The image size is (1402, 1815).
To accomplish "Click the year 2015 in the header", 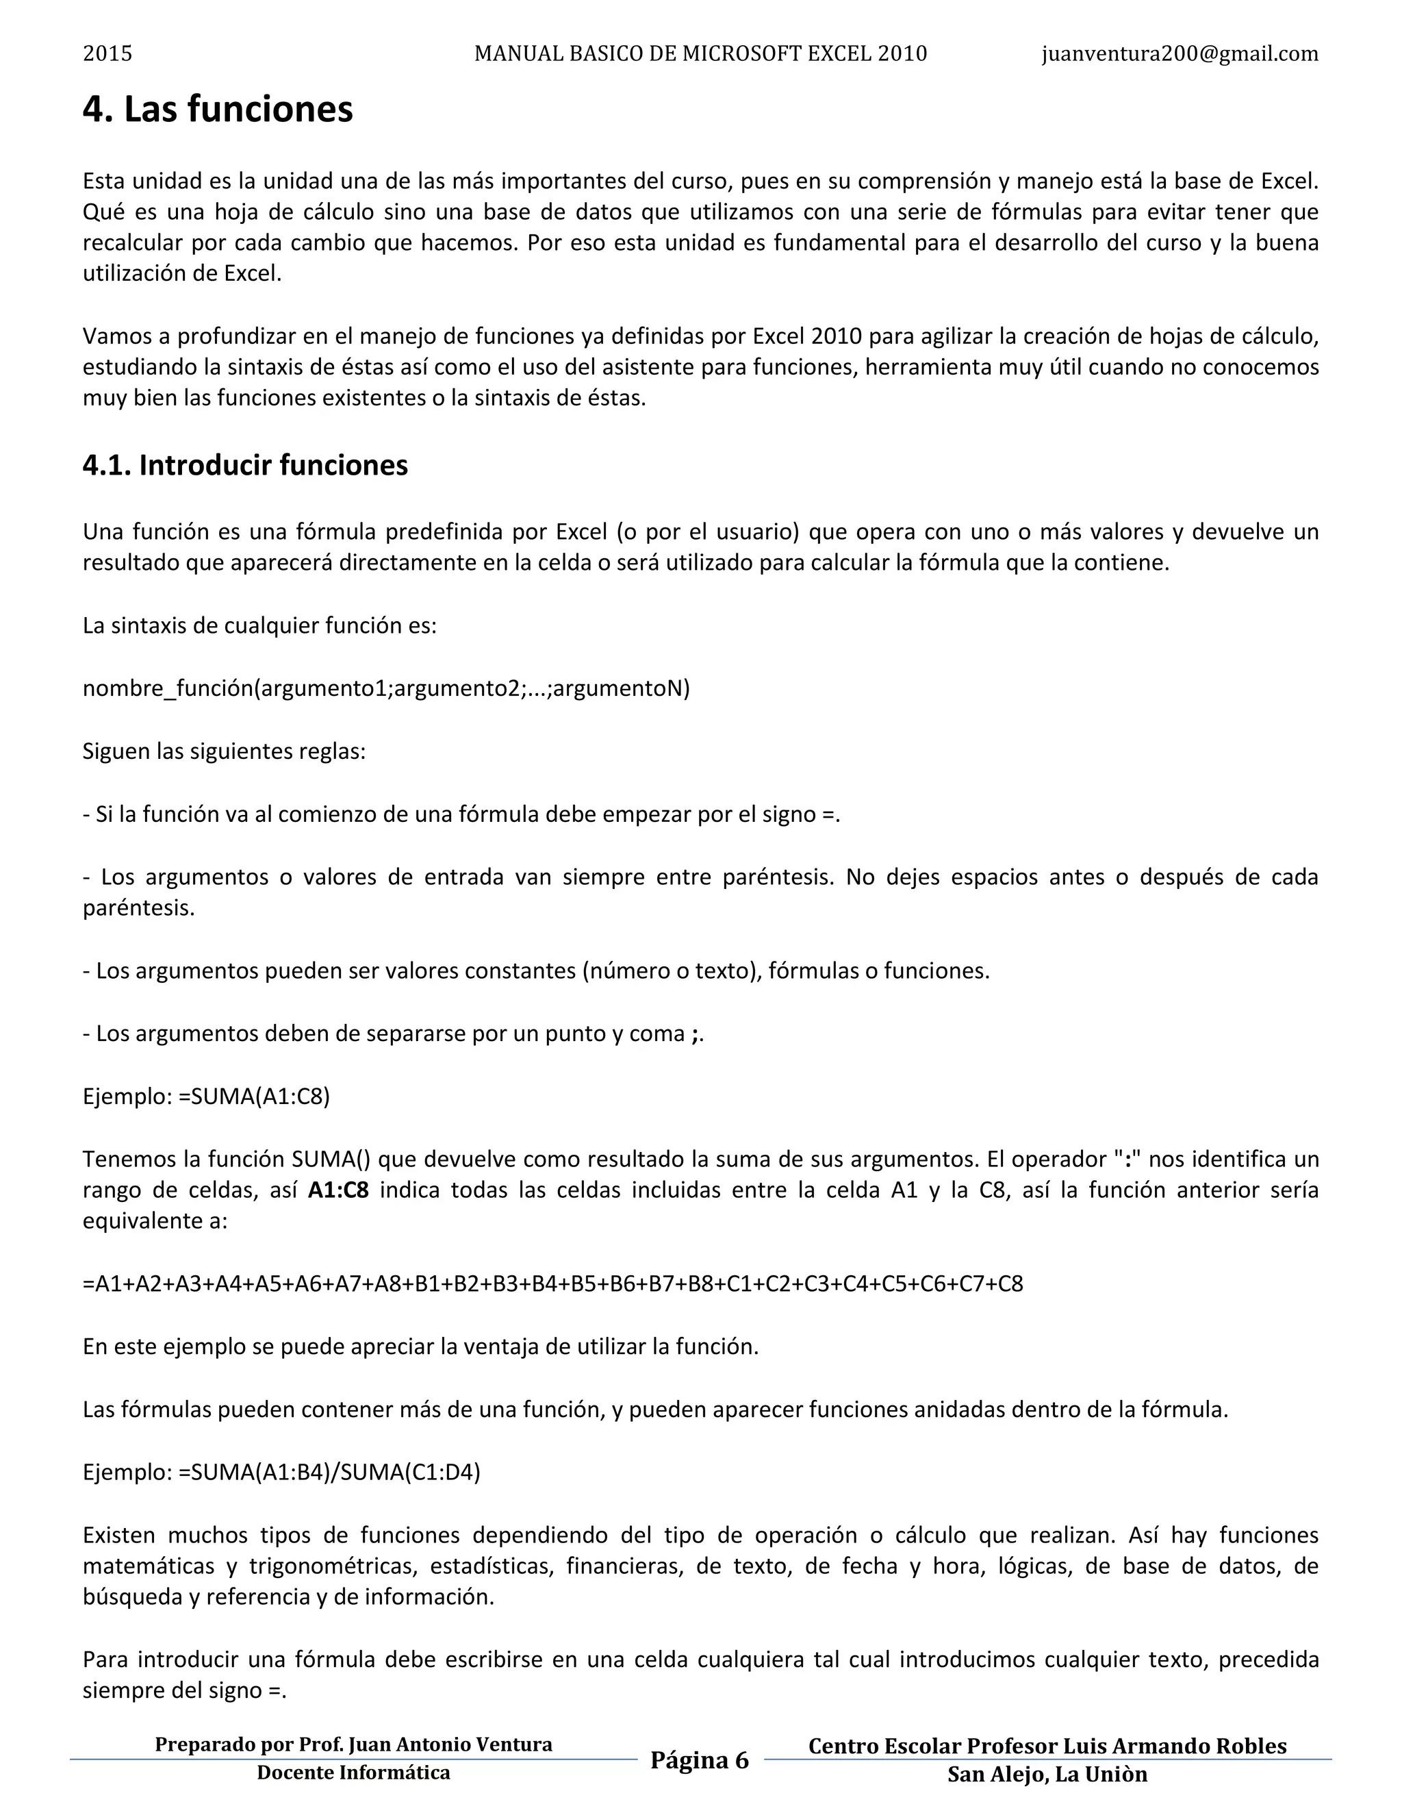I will (107, 54).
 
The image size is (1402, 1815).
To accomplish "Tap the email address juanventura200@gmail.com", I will (1180, 54).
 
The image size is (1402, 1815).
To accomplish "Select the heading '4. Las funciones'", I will (218, 110).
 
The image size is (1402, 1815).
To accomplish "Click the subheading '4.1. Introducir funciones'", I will (245, 465).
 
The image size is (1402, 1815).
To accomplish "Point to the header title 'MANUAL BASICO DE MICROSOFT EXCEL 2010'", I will (700, 54).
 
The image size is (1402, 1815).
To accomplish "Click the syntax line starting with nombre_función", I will (386, 688).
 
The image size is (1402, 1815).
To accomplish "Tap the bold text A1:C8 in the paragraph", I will (338, 1190).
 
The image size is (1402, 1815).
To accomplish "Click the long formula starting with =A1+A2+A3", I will (552, 1284).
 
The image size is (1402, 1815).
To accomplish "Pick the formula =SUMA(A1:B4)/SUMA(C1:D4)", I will (329, 1472).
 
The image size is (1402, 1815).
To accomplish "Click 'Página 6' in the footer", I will (700, 1760).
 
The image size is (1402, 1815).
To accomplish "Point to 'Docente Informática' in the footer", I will (353, 1773).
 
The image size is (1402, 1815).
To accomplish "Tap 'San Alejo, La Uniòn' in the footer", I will (1047, 1775).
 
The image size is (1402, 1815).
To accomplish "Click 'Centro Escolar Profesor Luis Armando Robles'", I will (1047, 1746).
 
